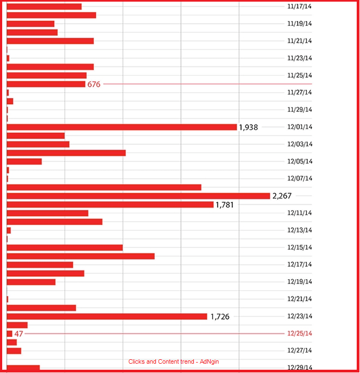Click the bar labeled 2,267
[138, 196]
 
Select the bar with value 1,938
[121, 127]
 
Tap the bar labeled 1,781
[110, 205]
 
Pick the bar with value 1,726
[106, 317]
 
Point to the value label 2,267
[282, 196]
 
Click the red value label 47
[19, 334]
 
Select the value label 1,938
[248, 127]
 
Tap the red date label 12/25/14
[299, 334]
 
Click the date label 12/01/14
[299, 127]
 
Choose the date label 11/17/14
[299, 7]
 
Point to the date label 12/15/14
[299, 247]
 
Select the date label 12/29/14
[299, 368]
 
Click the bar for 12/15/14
[64, 247]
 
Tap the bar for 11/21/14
[50, 41]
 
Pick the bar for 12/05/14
[24, 161]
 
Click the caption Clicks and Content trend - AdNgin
[177, 362]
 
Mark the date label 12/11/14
[299, 213]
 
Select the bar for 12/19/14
[31, 282]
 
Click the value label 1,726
[220, 317]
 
